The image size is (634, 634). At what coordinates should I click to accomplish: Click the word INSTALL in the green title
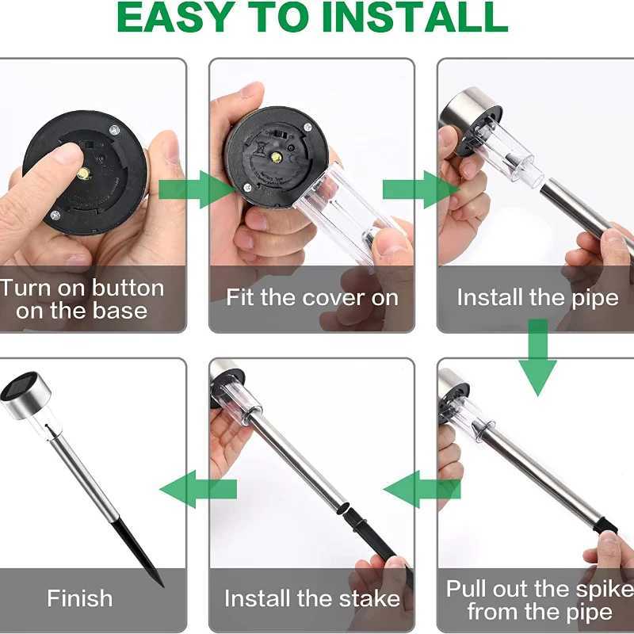pos(414,17)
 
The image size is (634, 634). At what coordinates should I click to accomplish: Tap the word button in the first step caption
pos(128,288)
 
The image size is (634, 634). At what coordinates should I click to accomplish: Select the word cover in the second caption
pos(335,298)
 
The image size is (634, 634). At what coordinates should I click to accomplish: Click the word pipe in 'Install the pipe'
pos(595,299)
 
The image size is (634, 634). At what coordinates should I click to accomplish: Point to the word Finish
pos(80,598)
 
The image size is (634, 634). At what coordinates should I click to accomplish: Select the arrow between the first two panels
pos(197,189)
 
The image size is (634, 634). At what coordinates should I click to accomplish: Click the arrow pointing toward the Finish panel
pos(198,489)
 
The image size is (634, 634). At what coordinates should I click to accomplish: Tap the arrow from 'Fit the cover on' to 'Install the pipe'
pos(421,189)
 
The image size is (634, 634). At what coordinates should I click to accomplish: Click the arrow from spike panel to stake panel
pos(422,489)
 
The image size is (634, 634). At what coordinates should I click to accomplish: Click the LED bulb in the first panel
pos(83,173)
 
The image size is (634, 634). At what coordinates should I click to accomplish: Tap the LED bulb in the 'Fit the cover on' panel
pos(276,157)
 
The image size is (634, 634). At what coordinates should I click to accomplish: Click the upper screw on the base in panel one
pos(114,130)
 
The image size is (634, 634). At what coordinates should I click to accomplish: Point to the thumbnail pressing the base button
pos(67,153)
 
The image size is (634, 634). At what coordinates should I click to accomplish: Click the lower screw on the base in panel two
pos(247,187)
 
